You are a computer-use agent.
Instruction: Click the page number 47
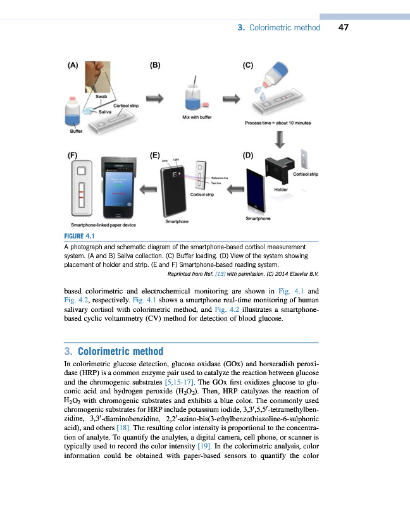point(344,27)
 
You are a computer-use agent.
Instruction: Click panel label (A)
point(73,65)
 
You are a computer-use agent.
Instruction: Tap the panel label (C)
point(248,65)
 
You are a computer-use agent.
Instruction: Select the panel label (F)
point(73,154)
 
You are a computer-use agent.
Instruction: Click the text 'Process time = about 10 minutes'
point(278,123)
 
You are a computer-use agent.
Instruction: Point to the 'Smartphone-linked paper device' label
point(103,225)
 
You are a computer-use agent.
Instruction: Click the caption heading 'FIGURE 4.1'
point(80,237)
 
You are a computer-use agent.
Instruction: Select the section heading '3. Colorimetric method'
point(114,352)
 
